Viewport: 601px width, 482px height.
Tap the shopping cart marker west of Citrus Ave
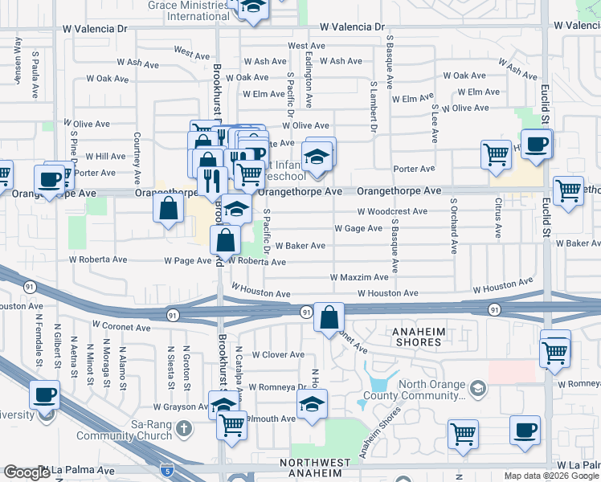click(497, 153)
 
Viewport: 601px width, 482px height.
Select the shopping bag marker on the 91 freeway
click(329, 317)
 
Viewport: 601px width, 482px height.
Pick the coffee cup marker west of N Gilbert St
click(45, 394)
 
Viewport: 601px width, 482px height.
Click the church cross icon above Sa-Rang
click(183, 426)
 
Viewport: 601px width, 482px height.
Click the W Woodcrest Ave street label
click(393, 211)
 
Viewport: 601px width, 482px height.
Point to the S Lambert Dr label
click(374, 104)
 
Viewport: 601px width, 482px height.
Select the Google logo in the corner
click(27, 472)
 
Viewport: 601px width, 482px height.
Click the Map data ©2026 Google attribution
click(550, 476)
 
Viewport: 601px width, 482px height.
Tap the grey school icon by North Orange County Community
click(478, 390)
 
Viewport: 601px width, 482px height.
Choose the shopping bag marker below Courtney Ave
click(167, 209)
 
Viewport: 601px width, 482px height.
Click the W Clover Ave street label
click(278, 354)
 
